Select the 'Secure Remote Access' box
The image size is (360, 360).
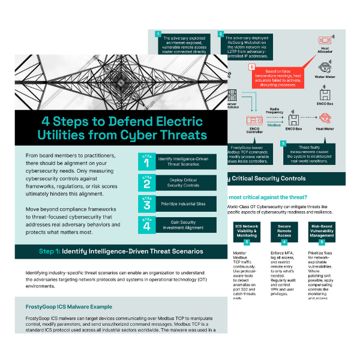click(x=284, y=232)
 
